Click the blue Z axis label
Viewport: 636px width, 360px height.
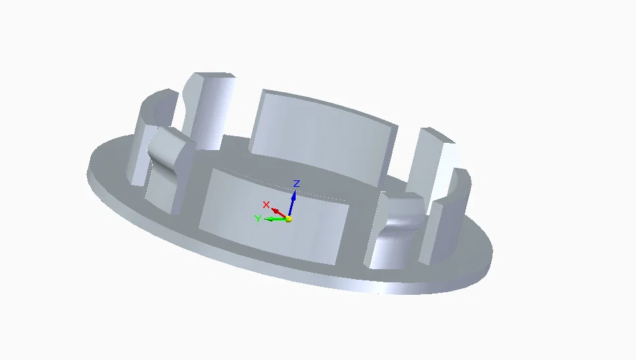tap(297, 184)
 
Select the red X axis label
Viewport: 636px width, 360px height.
tap(266, 205)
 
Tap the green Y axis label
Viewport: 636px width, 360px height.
tap(258, 219)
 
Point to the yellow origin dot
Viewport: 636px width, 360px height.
tap(288, 219)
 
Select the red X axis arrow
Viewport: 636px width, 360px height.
tap(279, 212)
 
